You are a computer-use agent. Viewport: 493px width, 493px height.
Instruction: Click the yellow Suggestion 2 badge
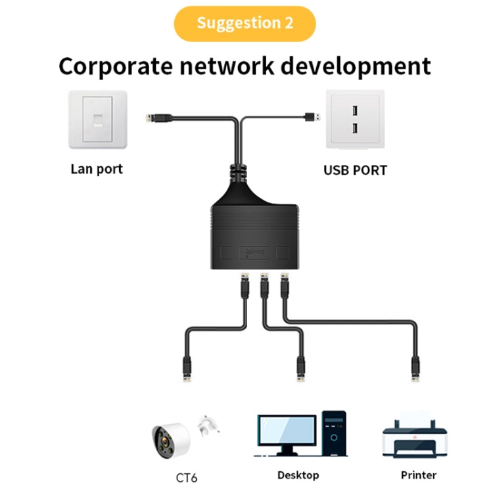245,24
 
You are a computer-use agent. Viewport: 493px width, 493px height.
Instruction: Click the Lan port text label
96,169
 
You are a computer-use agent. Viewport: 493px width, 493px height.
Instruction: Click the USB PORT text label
355,170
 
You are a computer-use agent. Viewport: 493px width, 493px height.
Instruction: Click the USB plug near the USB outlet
312,117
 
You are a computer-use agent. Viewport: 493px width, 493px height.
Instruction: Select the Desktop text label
298,475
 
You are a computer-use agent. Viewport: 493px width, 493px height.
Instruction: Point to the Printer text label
418,475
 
